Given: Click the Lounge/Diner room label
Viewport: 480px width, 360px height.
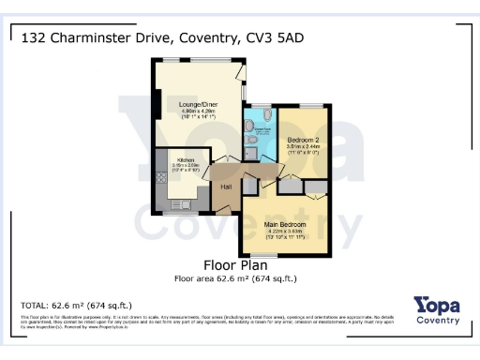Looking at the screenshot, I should pos(198,103).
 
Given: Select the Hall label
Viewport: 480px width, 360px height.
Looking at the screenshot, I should pos(226,186).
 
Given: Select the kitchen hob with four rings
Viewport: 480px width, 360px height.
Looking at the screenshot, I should pos(161,177).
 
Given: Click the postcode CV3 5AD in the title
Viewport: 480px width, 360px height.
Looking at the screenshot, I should pos(276,37).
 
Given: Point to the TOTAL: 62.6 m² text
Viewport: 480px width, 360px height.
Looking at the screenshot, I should pos(76,306).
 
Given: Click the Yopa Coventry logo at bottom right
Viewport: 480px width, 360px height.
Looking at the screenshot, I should pos(437,309).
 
